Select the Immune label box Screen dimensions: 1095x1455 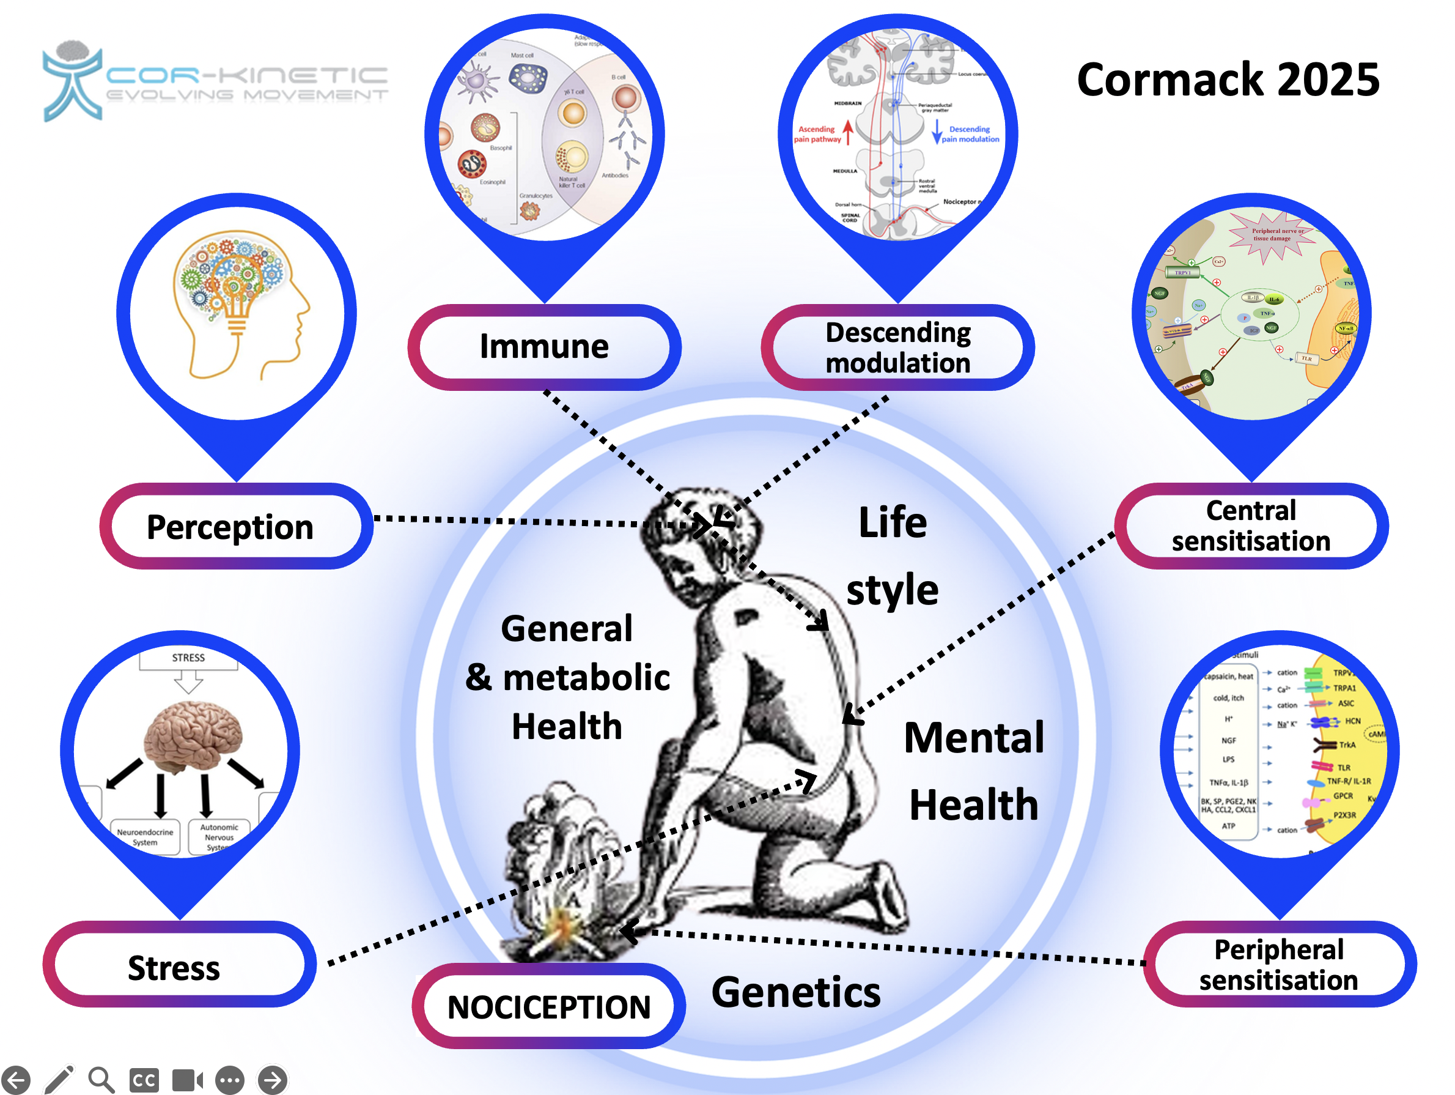[x=544, y=347]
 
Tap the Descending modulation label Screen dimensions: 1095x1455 [x=897, y=347]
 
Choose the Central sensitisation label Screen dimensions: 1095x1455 [x=1250, y=526]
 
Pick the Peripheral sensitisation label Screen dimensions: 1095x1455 [x=1279, y=964]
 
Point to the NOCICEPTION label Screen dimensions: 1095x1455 [x=548, y=1006]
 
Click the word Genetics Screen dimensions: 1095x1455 [x=796, y=992]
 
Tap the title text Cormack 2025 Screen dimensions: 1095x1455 [x=1228, y=80]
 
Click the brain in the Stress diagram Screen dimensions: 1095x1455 [x=192, y=735]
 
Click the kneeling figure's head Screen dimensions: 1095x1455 [x=698, y=533]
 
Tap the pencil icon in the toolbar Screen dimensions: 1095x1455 [x=59, y=1079]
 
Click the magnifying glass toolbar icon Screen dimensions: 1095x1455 [x=101, y=1079]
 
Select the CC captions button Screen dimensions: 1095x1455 [x=144, y=1079]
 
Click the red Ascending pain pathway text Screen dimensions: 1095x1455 [x=817, y=134]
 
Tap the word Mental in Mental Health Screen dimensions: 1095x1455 [x=973, y=737]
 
